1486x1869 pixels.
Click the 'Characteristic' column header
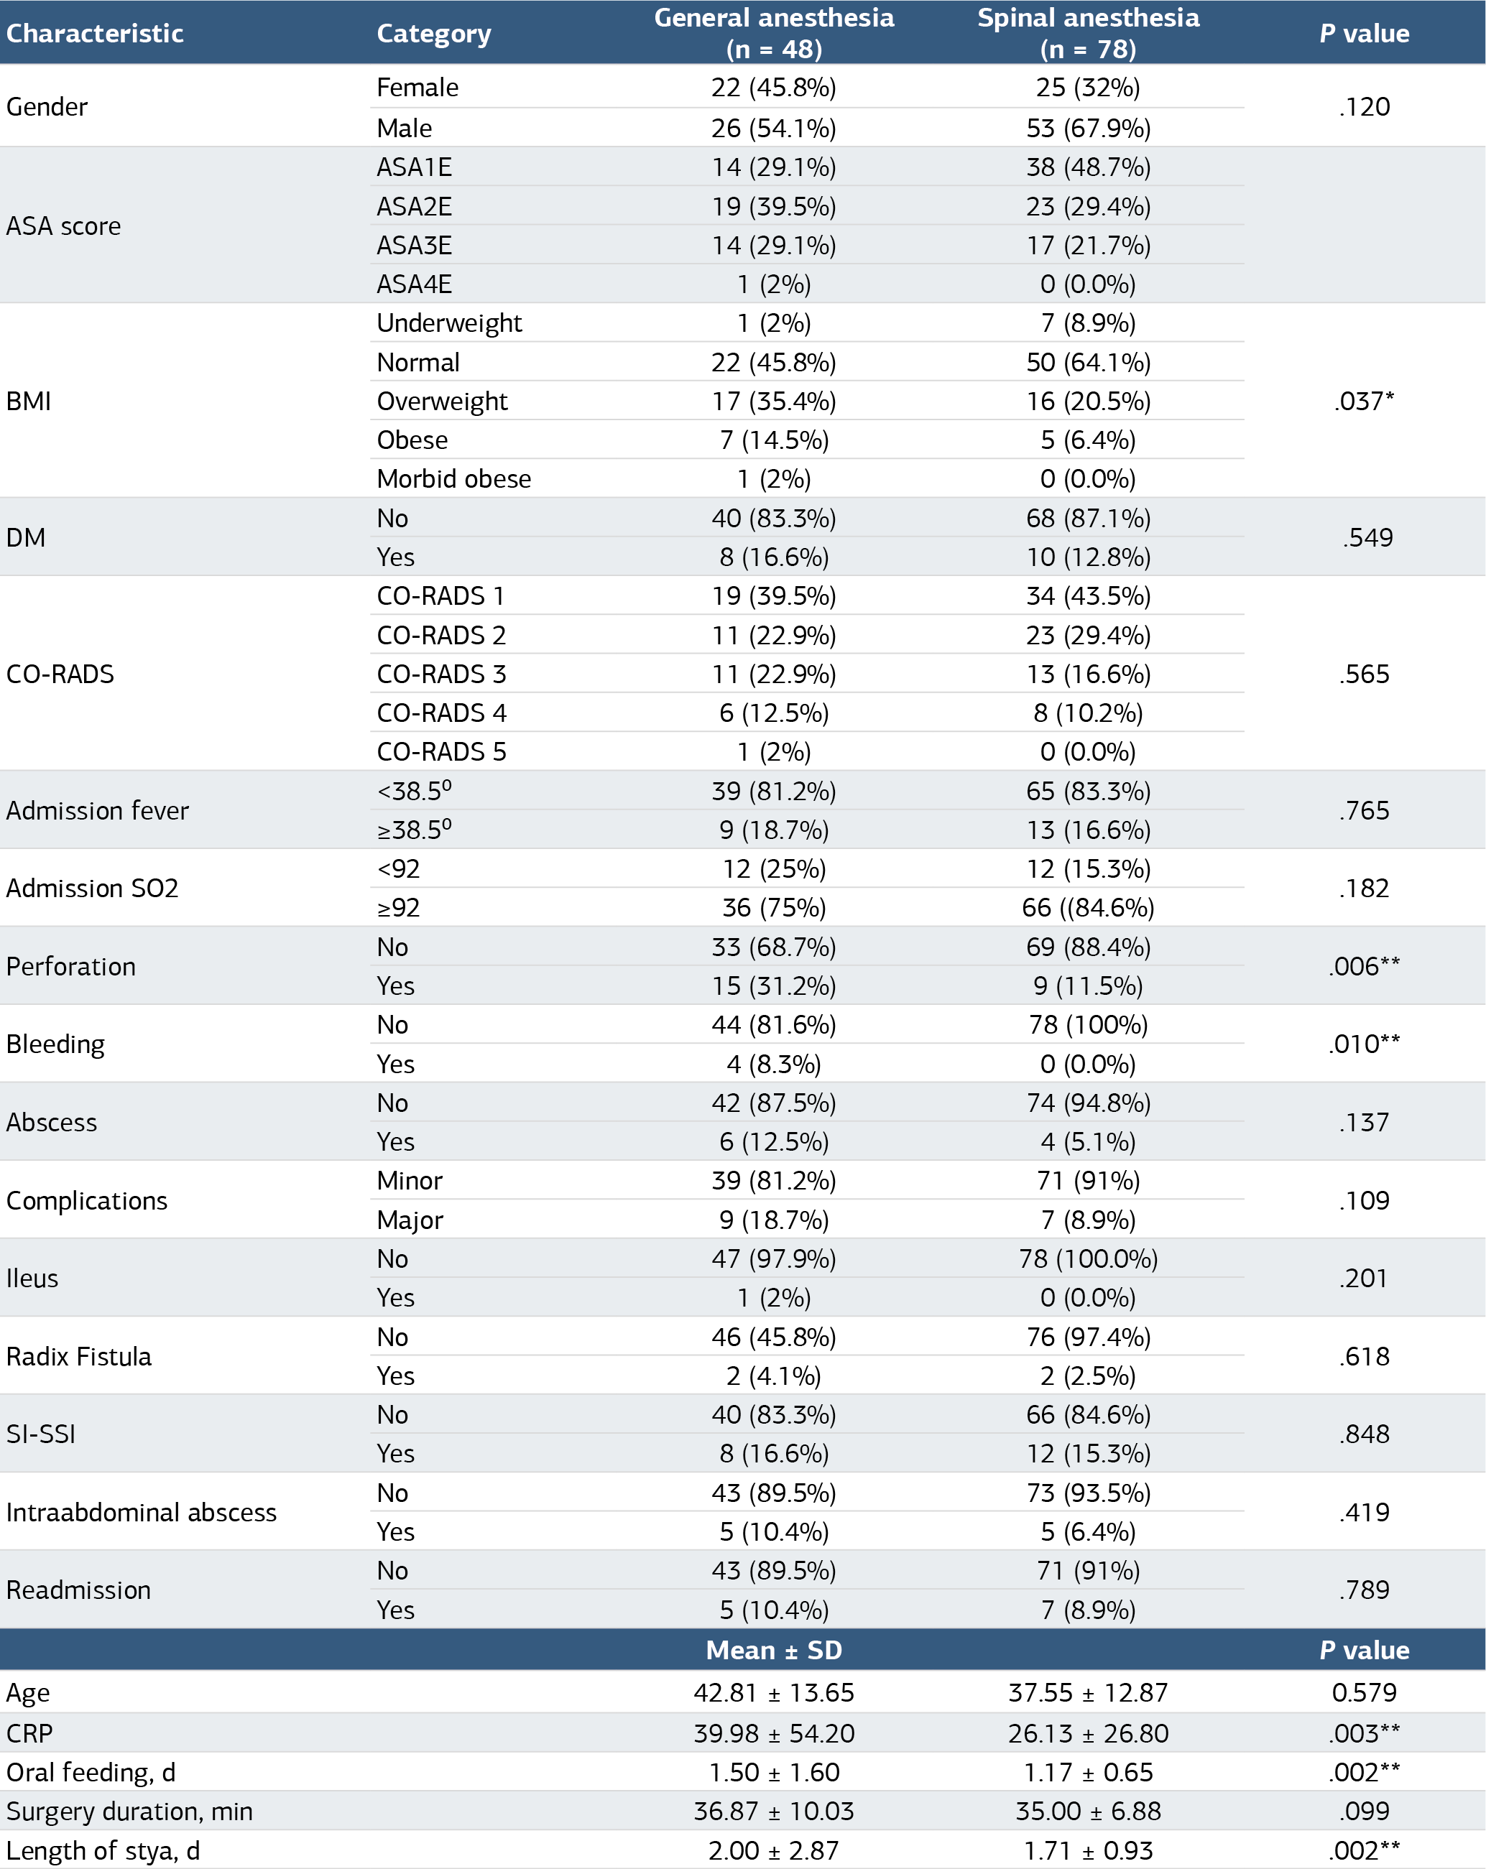pos(95,33)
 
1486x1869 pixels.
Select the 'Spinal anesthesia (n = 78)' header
pos(1088,33)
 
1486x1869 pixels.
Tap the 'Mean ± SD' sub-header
pos(773,1650)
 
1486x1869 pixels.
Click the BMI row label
pos(29,401)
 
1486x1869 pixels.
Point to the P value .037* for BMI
pos(1364,401)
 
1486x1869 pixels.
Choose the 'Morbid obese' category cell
pos(453,478)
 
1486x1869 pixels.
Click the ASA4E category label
pos(415,284)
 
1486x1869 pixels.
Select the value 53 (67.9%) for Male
pos(1088,129)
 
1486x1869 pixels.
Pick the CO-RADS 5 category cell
pos(441,751)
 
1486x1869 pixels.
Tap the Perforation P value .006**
pos(1364,965)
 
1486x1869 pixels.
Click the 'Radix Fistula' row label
pos(79,1356)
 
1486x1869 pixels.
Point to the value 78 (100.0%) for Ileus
pos(1088,1258)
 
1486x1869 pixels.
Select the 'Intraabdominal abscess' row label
pos(142,1512)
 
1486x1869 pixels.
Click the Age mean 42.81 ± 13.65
pos(773,1692)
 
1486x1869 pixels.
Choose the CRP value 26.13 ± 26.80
pos(1088,1733)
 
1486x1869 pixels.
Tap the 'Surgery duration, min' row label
pos(129,1811)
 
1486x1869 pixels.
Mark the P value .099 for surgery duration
pos(1364,1811)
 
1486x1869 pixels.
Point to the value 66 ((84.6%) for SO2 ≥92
pos(1088,908)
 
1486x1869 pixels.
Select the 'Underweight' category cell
pos(449,323)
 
